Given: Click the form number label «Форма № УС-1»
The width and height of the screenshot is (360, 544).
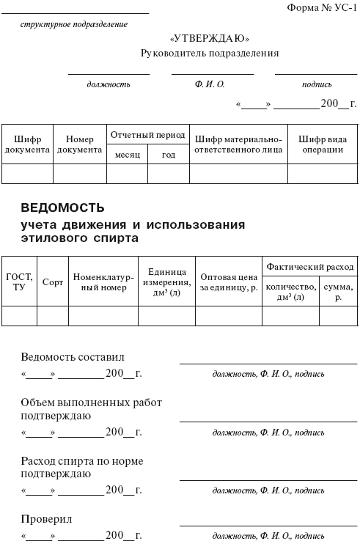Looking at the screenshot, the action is [x=321, y=7].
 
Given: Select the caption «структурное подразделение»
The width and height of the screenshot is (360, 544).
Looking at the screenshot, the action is [x=74, y=24].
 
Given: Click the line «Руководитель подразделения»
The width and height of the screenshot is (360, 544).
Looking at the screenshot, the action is [x=210, y=54].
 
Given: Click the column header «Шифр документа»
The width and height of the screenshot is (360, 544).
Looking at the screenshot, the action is [x=27, y=144].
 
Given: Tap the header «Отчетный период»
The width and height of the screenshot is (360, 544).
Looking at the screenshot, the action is [x=147, y=135].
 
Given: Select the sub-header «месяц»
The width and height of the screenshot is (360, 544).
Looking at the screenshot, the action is [x=127, y=155].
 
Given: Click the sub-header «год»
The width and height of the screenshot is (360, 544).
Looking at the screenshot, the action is [x=169, y=155].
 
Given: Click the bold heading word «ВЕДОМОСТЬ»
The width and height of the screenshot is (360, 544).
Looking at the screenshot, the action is [x=62, y=207].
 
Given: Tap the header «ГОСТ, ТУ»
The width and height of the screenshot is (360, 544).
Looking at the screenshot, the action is [x=19, y=282].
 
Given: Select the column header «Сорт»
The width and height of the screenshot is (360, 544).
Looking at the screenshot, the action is [x=53, y=282].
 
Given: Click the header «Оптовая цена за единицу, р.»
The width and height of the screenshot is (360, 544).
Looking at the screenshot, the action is [x=229, y=282].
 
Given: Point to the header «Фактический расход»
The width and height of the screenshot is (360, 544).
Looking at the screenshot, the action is [x=310, y=267].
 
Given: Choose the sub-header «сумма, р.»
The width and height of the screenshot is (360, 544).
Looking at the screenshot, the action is [x=338, y=292].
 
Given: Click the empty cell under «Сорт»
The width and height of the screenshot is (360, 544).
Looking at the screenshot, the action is [x=53, y=315].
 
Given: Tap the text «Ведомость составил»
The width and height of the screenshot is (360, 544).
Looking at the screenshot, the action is [x=73, y=357].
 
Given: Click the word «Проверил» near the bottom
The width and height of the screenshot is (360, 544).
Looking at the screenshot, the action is [x=46, y=519].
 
